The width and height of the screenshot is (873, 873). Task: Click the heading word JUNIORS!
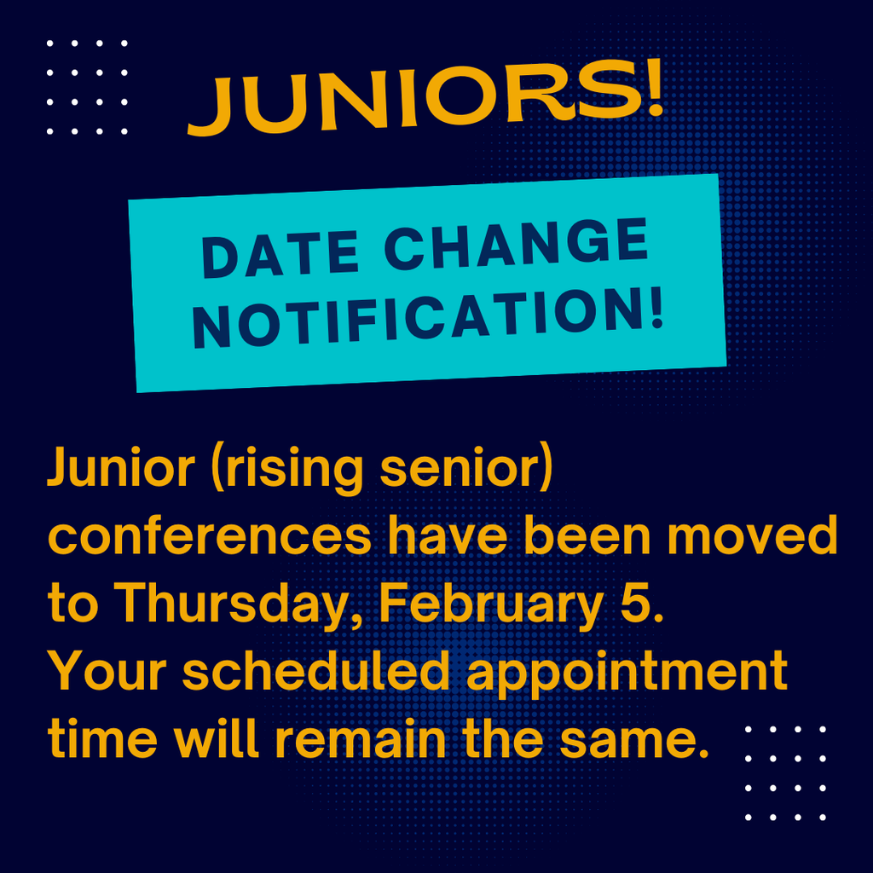425,100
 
